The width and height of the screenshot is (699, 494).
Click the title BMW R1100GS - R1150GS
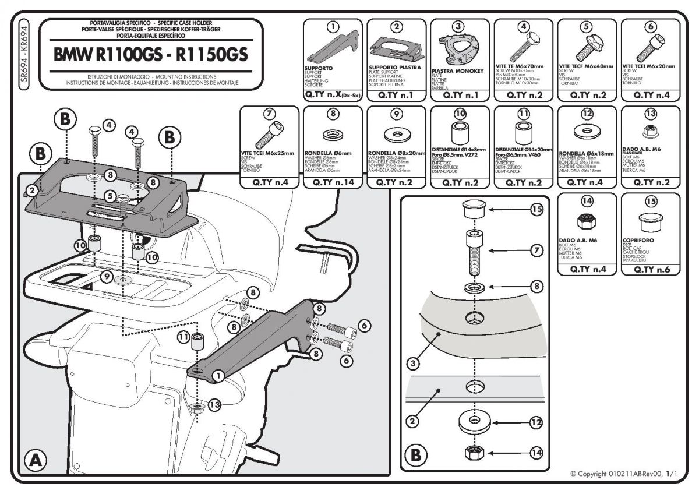(x=151, y=54)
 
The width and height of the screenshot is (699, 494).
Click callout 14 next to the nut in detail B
(x=536, y=451)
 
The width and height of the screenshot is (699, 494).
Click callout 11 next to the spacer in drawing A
(x=182, y=336)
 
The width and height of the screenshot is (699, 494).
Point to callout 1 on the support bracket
(x=217, y=375)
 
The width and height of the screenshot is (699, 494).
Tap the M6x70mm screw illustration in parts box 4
(x=523, y=48)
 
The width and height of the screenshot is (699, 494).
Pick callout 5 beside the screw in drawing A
(x=110, y=196)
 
